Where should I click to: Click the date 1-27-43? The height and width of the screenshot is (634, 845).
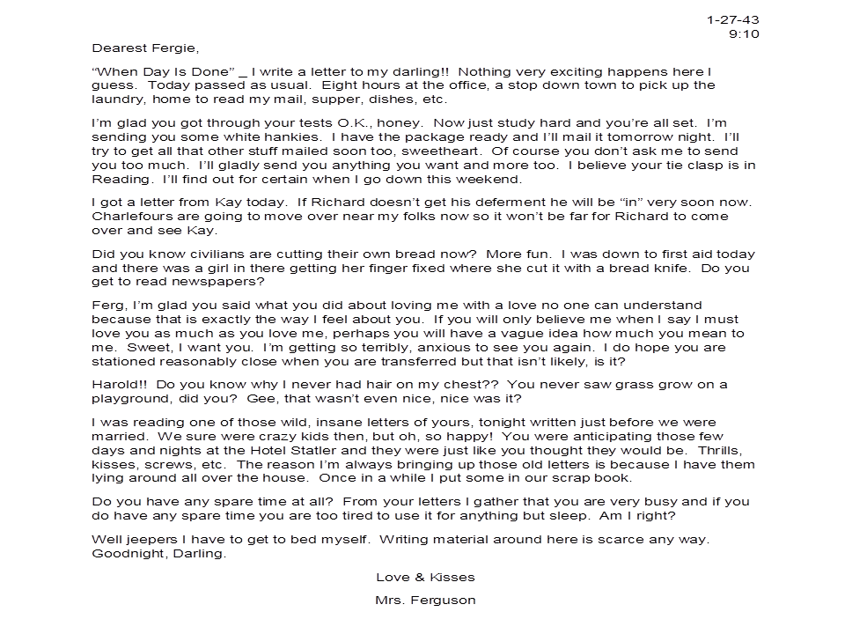(732, 19)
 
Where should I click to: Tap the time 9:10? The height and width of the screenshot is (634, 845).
(744, 34)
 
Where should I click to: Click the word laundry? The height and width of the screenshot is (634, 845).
(116, 100)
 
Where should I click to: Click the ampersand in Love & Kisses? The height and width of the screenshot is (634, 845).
(420, 578)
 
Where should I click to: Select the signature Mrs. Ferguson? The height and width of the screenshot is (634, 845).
(425, 601)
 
